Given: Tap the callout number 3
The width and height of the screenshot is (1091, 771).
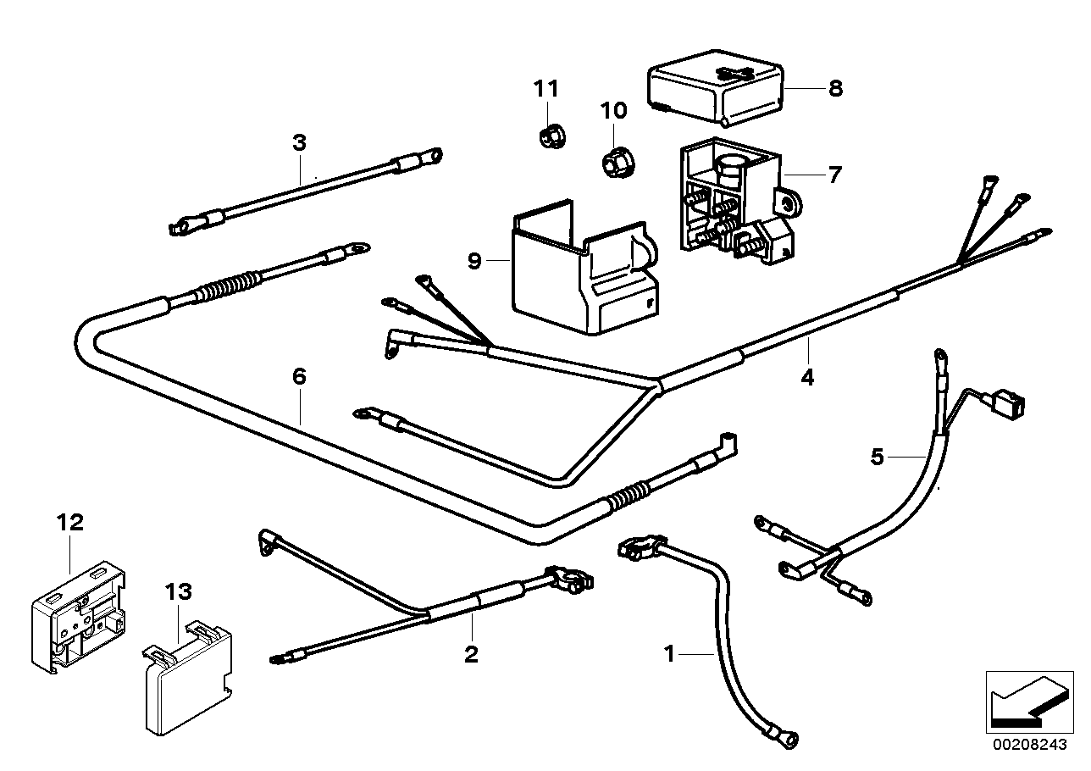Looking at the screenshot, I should pyautogui.click(x=299, y=142).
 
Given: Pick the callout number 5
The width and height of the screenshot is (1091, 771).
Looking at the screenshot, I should pyautogui.click(x=877, y=458).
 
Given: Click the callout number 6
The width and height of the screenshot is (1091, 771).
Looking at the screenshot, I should pyautogui.click(x=299, y=376).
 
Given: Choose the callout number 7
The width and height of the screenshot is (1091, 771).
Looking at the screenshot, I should pyautogui.click(x=835, y=175).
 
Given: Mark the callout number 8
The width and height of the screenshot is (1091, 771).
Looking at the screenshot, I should pyautogui.click(x=835, y=87).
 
